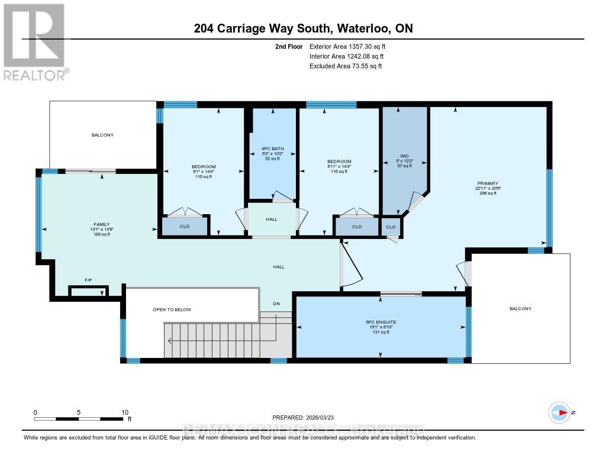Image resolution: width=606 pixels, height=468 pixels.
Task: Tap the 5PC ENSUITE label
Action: coord(380,322)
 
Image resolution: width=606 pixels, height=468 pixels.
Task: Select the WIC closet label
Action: coord(404,156)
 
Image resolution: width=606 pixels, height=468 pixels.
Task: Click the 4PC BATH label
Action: coord(272,149)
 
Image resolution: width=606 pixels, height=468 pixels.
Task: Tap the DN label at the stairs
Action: coord(276,304)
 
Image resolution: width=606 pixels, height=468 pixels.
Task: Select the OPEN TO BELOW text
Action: coord(172,309)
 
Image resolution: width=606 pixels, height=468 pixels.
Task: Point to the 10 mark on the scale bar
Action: coord(125,412)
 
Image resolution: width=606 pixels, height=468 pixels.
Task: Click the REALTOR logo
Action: coord(35,41)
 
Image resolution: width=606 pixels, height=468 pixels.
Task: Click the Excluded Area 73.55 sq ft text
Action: coord(346,66)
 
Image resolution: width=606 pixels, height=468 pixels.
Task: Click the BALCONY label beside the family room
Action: coord(102,135)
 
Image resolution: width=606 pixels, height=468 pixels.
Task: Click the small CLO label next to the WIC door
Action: coord(391,227)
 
